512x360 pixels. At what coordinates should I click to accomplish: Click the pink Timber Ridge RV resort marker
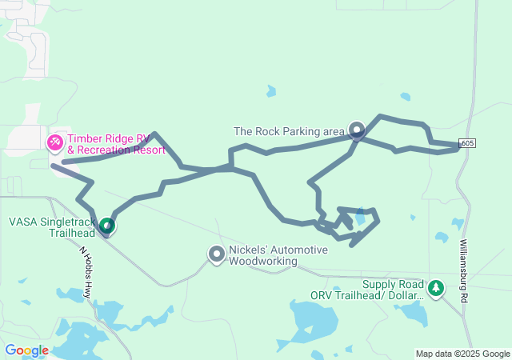click(54, 143)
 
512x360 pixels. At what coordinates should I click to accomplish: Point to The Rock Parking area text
click(289, 130)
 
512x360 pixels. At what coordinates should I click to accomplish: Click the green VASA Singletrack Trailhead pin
click(106, 226)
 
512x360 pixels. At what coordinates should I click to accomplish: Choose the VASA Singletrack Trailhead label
click(53, 227)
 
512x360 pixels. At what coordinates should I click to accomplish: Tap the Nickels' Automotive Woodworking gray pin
click(216, 254)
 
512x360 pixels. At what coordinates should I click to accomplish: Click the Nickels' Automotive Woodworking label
click(278, 255)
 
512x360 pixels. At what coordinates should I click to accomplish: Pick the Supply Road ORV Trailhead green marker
click(436, 287)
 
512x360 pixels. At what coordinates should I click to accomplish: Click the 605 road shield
click(469, 143)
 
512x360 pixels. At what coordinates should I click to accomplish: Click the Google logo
click(26, 350)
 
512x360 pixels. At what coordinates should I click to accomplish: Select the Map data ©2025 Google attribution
click(462, 354)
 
